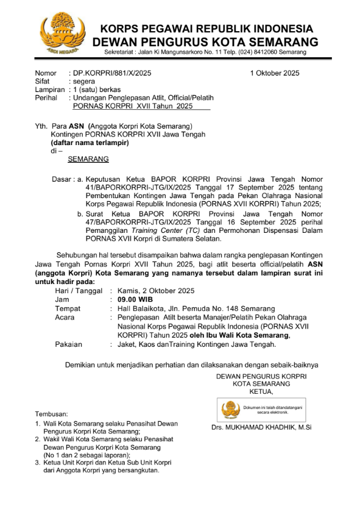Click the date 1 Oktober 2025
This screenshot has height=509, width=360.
tap(275, 73)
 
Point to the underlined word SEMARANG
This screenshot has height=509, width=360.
tap(88, 159)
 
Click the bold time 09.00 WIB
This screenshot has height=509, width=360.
tap(131, 300)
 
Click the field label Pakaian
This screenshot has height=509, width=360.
tap(68, 344)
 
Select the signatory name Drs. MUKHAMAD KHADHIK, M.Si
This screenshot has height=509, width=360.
tap(259, 427)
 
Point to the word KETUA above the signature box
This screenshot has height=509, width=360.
tap(261, 391)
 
